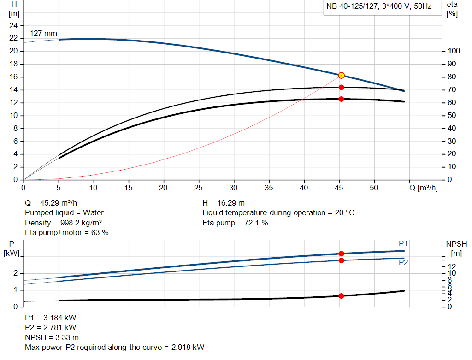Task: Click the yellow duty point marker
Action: coord(342,75)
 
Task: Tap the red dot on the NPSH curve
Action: coord(342,296)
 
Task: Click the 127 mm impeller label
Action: coord(43,34)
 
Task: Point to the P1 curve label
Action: coord(403,243)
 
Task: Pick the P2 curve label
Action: coord(403,262)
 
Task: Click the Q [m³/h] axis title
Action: coord(423,188)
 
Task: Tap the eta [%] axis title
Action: coord(452,9)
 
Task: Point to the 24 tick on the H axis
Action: coord(13,25)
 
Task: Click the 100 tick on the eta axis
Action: coord(454,51)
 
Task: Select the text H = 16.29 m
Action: coord(224,203)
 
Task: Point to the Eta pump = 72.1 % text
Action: coord(235,223)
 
